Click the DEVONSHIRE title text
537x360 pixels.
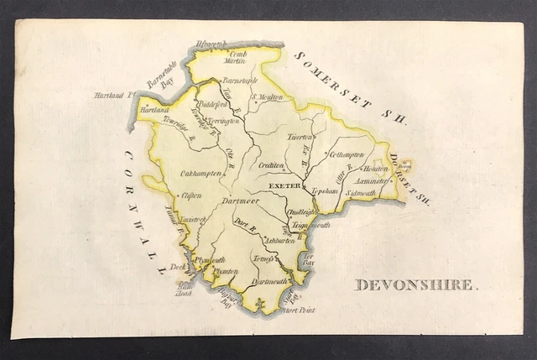pos(415,284)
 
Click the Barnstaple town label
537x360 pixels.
pos(234,80)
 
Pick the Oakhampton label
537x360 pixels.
pos(201,173)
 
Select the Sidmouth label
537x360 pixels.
pos(361,193)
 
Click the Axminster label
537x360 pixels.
pos(370,180)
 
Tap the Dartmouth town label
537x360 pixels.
pos(270,282)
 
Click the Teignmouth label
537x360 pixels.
pos(310,225)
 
